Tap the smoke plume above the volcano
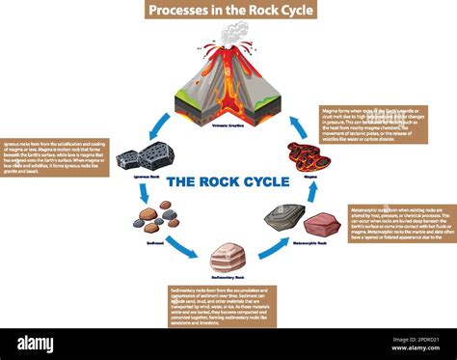coord(232,34)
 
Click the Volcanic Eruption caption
coord(228,126)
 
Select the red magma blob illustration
coord(309,156)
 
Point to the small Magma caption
coord(309,177)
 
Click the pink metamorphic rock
coord(321,225)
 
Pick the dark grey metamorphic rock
coord(284,217)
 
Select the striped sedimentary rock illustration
coord(228,257)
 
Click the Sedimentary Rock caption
coord(228,278)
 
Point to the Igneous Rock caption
coord(143,178)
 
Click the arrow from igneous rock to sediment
coord(144,193)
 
